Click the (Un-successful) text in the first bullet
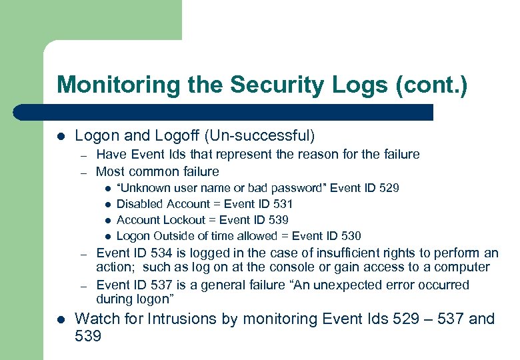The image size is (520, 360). click(259, 136)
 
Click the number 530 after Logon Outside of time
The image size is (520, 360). click(351, 236)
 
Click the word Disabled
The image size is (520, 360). click(139, 204)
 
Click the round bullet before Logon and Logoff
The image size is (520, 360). click(61, 137)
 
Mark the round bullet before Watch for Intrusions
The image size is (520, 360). click(61, 319)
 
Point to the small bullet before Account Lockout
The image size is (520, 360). click(107, 221)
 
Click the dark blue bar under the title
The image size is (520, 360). click(227, 112)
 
